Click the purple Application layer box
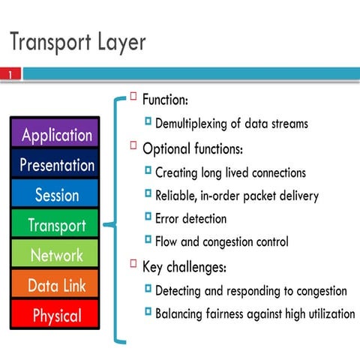point(57,134)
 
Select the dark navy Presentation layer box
point(57,164)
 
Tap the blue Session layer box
point(57,195)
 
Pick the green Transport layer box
point(57,225)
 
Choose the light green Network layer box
point(57,255)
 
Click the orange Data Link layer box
point(57,285)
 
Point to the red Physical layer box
point(57,315)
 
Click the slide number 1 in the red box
point(11,74)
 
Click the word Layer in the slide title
point(118,42)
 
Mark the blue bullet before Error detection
point(148,217)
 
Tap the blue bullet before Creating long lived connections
point(148,171)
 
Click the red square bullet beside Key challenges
point(133,264)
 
